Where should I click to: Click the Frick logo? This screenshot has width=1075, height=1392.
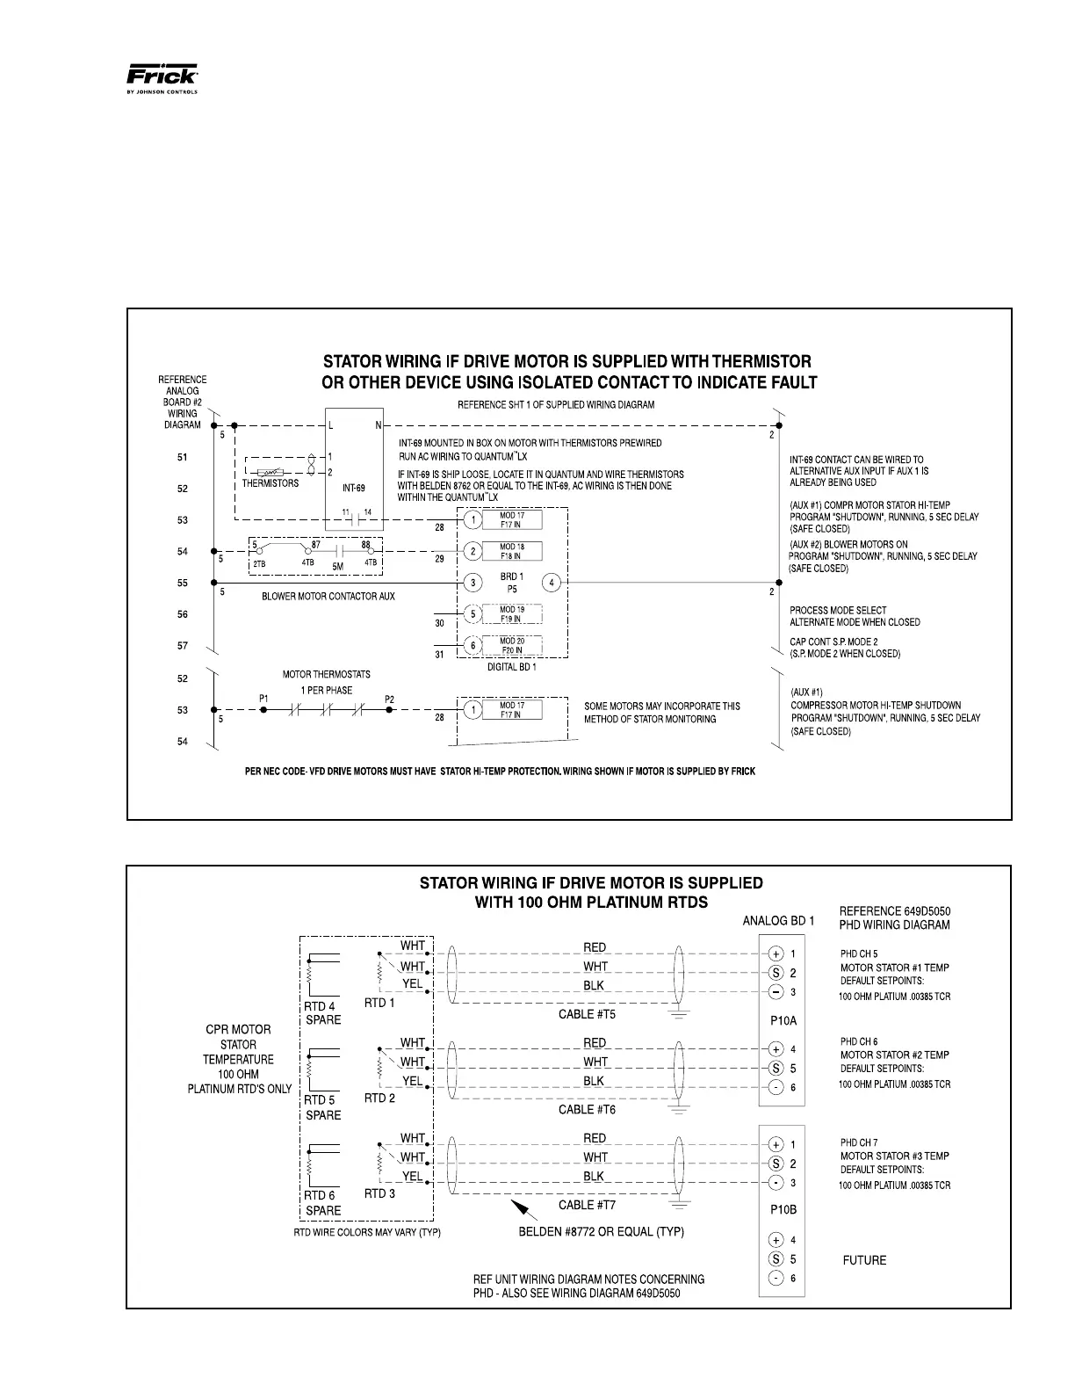[x=162, y=77]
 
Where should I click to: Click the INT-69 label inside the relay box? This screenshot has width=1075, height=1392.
[x=354, y=488]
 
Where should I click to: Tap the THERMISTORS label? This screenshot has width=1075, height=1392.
[x=271, y=483]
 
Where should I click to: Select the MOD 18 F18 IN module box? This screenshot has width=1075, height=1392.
[x=512, y=551]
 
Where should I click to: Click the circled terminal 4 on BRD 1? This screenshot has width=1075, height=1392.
[x=552, y=583]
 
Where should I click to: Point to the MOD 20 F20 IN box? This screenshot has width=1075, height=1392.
[x=512, y=645]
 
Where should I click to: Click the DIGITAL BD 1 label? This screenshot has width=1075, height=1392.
[x=511, y=667]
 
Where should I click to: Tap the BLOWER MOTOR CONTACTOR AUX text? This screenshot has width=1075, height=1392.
[x=328, y=597]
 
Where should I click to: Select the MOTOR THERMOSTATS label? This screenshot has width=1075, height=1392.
[x=326, y=675]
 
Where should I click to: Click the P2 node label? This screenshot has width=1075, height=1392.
[x=390, y=700]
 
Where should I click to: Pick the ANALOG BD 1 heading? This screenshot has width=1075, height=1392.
[x=779, y=921]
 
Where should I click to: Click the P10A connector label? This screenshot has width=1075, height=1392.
[x=783, y=1021]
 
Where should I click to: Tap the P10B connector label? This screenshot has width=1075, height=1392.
[x=783, y=1209]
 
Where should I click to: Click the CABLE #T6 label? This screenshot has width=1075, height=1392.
[x=587, y=1110]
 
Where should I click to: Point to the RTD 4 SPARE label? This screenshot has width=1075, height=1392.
[x=322, y=1013]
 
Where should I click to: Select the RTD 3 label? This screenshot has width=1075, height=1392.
[x=379, y=1193]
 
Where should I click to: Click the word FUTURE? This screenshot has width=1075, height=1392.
[x=864, y=1260]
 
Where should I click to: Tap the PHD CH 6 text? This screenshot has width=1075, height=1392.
[x=859, y=1041]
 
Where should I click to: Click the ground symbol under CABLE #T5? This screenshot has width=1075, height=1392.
[x=677, y=1016]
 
